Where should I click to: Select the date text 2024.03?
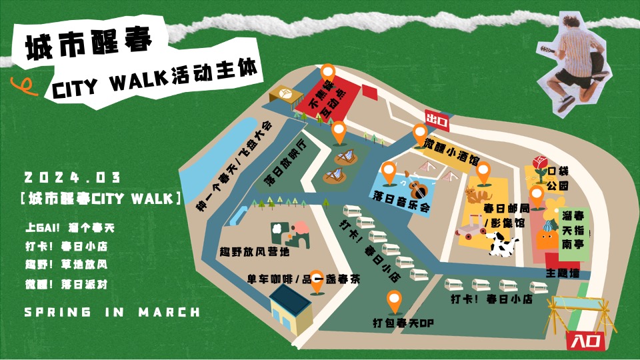tap(72, 178)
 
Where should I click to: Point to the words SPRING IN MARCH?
tap(111, 312)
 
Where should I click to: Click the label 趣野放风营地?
tap(255, 253)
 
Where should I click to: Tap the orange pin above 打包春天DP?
tap(394, 301)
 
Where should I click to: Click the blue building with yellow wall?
tap(291, 311)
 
